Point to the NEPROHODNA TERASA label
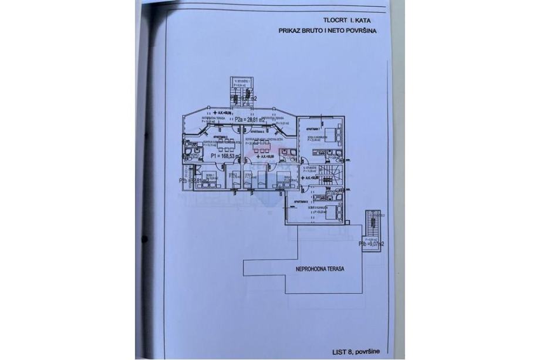[319, 269]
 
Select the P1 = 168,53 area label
[225, 157]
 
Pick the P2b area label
[191, 181]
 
